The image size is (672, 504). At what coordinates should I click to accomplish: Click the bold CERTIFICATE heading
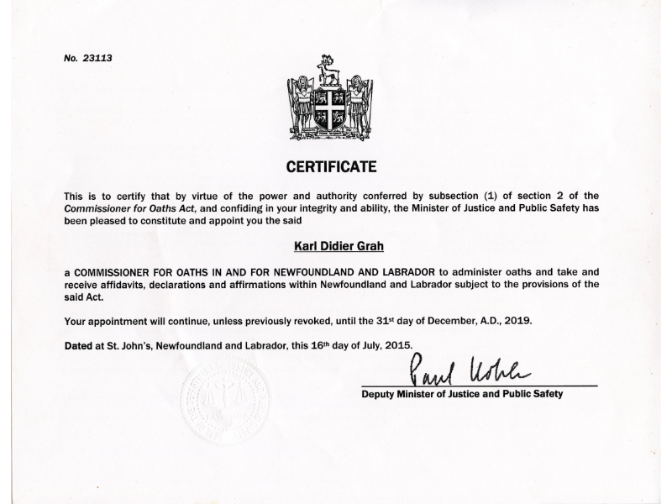click(x=332, y=166)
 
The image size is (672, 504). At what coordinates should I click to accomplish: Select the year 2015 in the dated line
click(x=395, y=344)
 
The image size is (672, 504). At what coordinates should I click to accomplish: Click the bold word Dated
click(x=80, y=344)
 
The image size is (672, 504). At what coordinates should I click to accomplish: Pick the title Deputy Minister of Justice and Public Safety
click(x=462, y=393)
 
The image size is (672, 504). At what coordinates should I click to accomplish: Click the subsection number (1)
click(x=478, y=196)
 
